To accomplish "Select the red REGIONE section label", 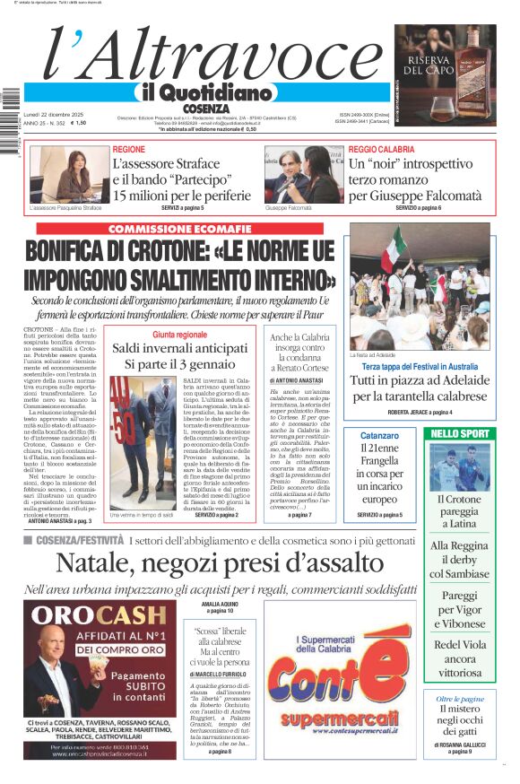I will pos(128,149).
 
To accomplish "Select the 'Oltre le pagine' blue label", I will pos(460,699).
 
